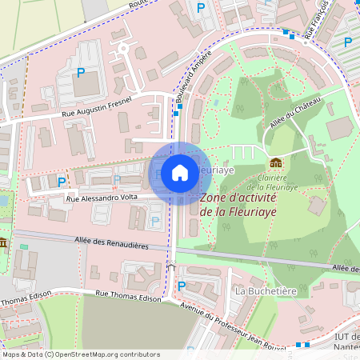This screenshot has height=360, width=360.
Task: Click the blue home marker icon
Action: pyautogui.click(x=180, y=173)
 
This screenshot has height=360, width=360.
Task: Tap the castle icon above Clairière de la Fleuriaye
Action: pyautogui.click(x=275, y=163)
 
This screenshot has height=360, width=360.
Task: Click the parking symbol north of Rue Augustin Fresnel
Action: pyautogui.click(x=80, y=73)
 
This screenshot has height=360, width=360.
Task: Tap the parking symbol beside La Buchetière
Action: pyautogui.click(x=181, y=285)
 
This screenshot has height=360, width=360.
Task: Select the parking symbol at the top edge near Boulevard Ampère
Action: pyautogui.click(x=200, y=7)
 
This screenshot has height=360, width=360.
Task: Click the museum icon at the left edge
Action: pyautogui.click(x=3, y=242)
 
